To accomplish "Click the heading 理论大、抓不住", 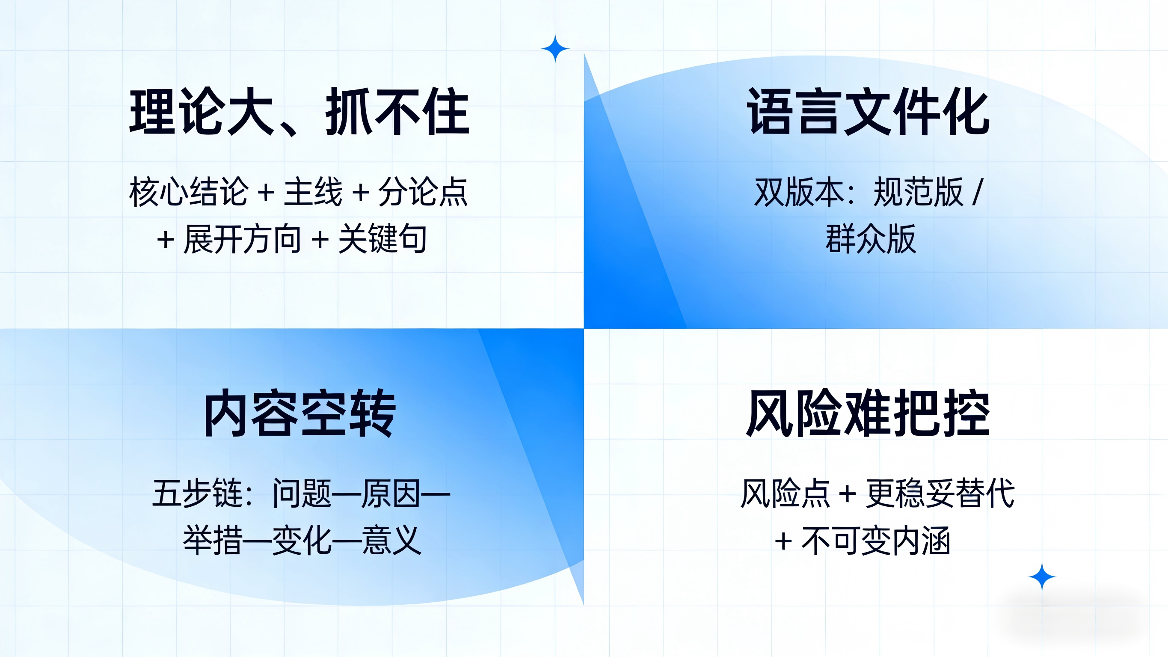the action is point(299,112).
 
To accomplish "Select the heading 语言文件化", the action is point(868,112).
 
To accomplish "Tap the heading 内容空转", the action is point(300,413).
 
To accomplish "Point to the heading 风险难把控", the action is point(868,413).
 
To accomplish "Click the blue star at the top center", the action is point(555,48).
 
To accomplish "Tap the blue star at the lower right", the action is point(1042,577).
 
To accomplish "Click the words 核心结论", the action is point(189,192).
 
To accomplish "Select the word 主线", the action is point(313,192).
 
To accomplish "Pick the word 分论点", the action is point(423,192).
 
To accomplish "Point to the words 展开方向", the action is point(243,239).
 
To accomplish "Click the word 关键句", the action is point(382,239).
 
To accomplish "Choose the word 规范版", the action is point(918,192).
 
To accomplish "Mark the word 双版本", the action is point(799,192).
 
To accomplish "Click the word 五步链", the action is point(197,493).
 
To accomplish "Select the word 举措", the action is point(212,541).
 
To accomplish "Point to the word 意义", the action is point(392,541).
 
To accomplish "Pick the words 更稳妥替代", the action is point(940,493).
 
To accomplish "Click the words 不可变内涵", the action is point(876,541).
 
